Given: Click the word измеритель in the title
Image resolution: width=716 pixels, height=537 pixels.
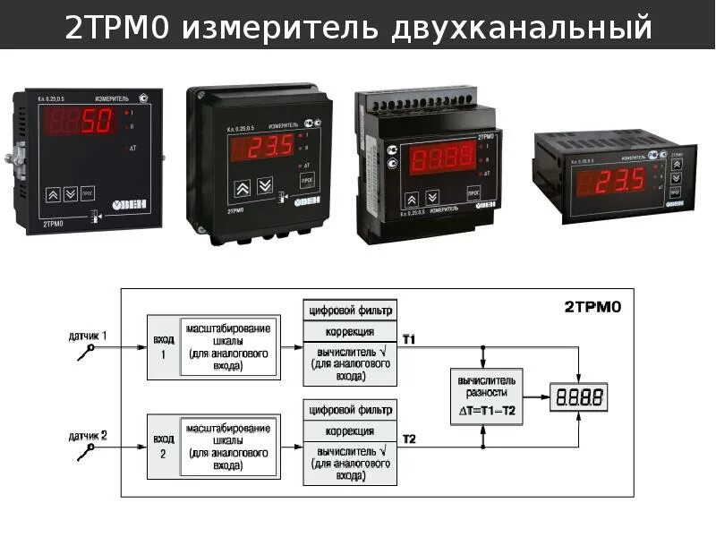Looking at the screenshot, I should [x=281, y=29].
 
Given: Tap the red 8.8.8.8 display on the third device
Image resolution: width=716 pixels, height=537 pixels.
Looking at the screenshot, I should [x=442, y=160].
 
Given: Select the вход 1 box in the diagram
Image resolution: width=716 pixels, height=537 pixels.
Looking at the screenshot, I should [x=163, y=347].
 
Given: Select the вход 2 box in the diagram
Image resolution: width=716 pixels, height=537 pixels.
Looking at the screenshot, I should [x=163, y=446].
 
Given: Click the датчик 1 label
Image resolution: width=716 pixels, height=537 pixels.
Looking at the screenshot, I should [x=89, y=337].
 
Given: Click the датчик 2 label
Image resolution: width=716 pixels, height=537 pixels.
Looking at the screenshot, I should [x=89, y=436].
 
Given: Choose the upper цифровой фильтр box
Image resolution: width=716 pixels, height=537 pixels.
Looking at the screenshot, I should [x=350, y=311].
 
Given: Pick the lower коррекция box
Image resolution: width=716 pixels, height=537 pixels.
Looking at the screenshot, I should [x=350, y=431].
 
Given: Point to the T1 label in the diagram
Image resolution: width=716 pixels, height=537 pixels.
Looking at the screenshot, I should [x=409, y=339].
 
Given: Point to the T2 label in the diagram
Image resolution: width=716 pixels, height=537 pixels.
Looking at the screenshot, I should [x=409, y=439].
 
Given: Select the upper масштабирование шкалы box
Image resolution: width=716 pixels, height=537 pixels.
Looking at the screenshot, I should [x=228, y=347].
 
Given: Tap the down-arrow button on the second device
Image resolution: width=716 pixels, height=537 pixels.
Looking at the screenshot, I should [x=264, y=186].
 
